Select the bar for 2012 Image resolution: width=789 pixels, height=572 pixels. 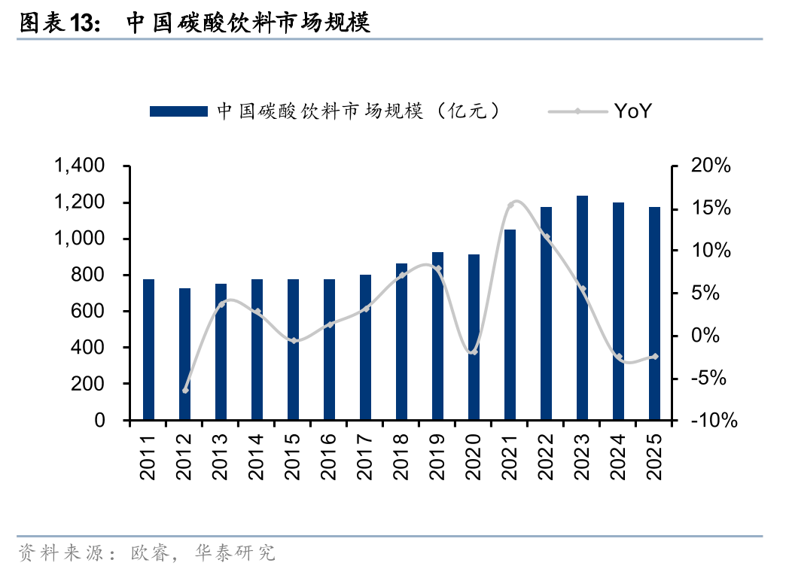pos(184,354)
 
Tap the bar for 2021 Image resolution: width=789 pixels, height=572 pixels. pos(510,324)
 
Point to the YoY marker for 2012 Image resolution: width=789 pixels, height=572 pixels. pos(185,390)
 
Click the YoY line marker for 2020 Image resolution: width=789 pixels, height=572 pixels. pos(474,351)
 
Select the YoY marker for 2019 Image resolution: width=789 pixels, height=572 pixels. pos(437,269)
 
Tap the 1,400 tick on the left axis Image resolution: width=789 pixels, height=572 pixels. pos(79,166)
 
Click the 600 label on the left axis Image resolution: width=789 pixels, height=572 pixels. pos(90,312)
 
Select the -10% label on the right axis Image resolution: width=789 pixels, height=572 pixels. pos(707,421)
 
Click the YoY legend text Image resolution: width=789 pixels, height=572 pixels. pos(632,111)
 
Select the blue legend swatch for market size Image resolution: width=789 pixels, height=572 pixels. pos(178,111)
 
